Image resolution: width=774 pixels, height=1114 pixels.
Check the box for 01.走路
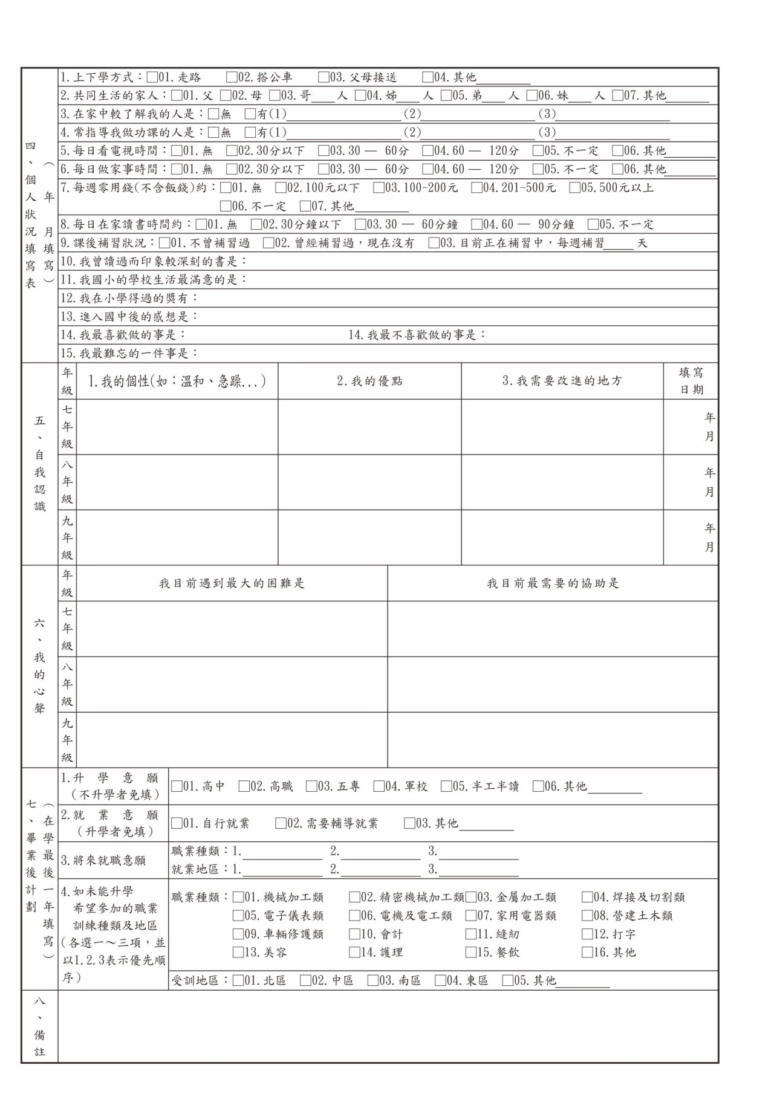tap(152, 77)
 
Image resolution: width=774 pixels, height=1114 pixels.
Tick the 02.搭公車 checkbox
tap(232, 77)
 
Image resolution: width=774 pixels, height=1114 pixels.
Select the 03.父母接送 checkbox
tap(324, 77)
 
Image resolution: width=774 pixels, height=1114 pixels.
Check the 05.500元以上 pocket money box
tap(574, 188)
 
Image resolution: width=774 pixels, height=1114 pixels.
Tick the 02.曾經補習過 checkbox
tap(268, 244)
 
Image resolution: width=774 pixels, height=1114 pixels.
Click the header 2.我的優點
tap(369, 381)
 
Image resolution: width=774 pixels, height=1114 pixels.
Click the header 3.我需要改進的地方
tap(562, 381)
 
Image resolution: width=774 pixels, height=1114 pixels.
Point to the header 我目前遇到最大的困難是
tap(232, 584)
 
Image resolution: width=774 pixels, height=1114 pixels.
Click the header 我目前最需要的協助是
tap(553, 584)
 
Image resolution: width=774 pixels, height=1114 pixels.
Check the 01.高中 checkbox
tap(177, 786)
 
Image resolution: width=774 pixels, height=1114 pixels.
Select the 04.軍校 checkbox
tap(379, 786)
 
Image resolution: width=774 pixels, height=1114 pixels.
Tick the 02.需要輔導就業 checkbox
tap(281, 823)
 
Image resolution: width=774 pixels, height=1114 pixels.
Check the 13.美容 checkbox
tap(238, 953)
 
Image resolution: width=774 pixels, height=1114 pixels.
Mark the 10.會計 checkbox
tap(354, 934)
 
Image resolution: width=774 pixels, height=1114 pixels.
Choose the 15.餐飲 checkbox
tap(470, 953)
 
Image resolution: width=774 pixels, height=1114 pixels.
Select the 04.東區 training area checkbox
tap(440, 980)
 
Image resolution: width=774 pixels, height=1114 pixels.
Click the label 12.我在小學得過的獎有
tap(129, 299)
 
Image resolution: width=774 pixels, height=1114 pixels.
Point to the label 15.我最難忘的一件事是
tap(129, 354)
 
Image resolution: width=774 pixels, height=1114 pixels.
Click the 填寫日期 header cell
tap(691, 381)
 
